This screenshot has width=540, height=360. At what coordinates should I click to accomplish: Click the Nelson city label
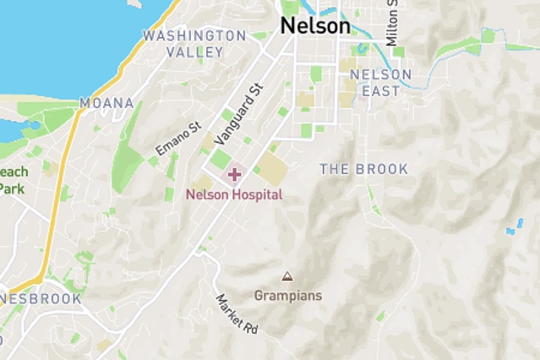pos(314,26)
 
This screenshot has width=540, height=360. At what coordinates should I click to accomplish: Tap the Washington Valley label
pos(194,43)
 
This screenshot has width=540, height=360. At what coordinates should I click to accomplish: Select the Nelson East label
pos(380,82)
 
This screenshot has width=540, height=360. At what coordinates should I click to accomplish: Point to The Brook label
pos(363,169)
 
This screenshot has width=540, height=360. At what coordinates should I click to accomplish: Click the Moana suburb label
pos(106,103)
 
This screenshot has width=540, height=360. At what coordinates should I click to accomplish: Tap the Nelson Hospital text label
pos(234,194)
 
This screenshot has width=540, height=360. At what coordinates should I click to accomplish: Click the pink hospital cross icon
pos(234,175)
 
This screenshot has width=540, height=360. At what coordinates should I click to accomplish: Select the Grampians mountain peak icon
pos(287,276)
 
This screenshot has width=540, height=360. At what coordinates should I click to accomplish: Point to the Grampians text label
pos(287,296)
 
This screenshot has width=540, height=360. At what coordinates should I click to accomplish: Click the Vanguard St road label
pos(239,113)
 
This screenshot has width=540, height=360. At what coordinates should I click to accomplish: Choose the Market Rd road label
pos(236,314)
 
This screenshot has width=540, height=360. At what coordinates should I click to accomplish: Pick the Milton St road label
pos(391,24)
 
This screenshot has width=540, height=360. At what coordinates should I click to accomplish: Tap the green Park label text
pos(11,188)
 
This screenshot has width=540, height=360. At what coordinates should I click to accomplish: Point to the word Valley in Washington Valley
pos(194,52)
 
